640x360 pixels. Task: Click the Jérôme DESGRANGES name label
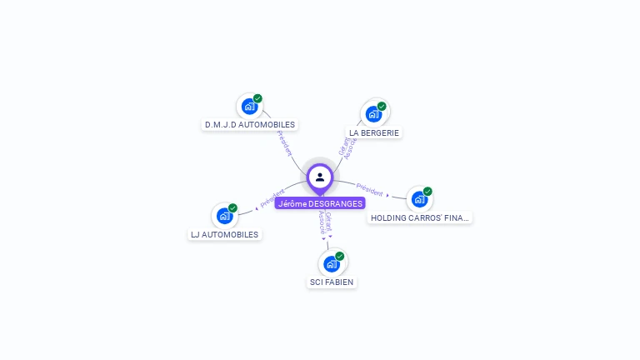320,203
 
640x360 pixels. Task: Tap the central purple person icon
320,177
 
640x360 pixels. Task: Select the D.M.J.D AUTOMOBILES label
250,125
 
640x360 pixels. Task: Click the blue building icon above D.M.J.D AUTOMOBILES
249,107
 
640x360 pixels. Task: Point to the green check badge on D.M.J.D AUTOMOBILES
258,98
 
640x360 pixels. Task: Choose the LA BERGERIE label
374,132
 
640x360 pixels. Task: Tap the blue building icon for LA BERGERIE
373,114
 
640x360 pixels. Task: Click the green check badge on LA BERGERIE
382,106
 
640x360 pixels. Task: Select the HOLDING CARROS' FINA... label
419,217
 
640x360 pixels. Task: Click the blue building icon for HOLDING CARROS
418,199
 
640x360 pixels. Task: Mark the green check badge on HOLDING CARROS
427,191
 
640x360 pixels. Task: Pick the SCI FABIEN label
332,282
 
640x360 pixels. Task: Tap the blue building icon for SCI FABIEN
332,264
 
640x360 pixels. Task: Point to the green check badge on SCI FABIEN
340,256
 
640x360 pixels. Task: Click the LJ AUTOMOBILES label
225,234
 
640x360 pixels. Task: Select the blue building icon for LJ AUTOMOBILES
224,216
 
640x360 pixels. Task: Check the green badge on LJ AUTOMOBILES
232,207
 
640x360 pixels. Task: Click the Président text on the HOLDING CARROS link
369,189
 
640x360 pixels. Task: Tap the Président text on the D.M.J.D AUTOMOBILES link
284,143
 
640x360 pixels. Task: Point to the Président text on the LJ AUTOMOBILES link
272,197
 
